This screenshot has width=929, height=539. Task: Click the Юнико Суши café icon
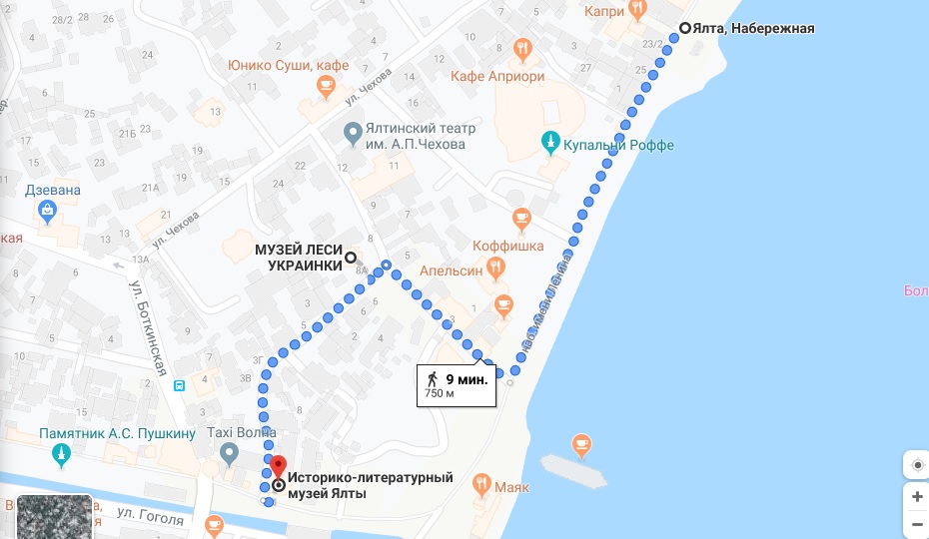click(x=325, y=88)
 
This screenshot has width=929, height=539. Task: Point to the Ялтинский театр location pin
click(x=352, y=132)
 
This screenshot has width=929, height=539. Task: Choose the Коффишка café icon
click(x=520, y=217)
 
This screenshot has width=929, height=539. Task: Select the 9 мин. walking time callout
click(x=458, y=384)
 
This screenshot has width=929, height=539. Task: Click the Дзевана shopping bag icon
click(x=46, y=210)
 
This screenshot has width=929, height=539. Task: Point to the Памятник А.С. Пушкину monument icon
click(x=62, y=454)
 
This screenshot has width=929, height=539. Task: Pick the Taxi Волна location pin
click(x=229, y=455)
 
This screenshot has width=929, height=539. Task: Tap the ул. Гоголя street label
click(x=150, y=518)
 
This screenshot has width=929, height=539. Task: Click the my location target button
click(x=916, y=464)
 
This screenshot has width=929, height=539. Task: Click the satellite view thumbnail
click(x=46, y=517)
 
